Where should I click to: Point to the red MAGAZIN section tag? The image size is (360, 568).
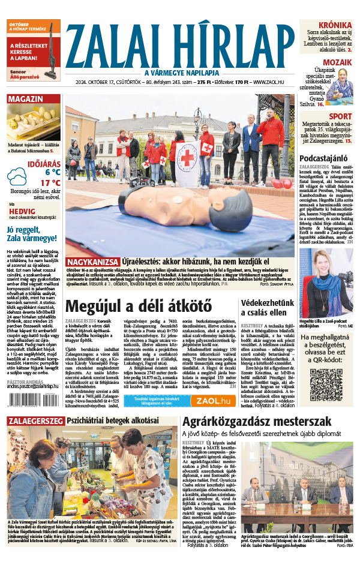click(x=25, y=100)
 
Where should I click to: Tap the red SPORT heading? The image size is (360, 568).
click(x=340, y=116)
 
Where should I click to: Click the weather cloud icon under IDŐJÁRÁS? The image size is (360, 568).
click(x=20, y=175)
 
